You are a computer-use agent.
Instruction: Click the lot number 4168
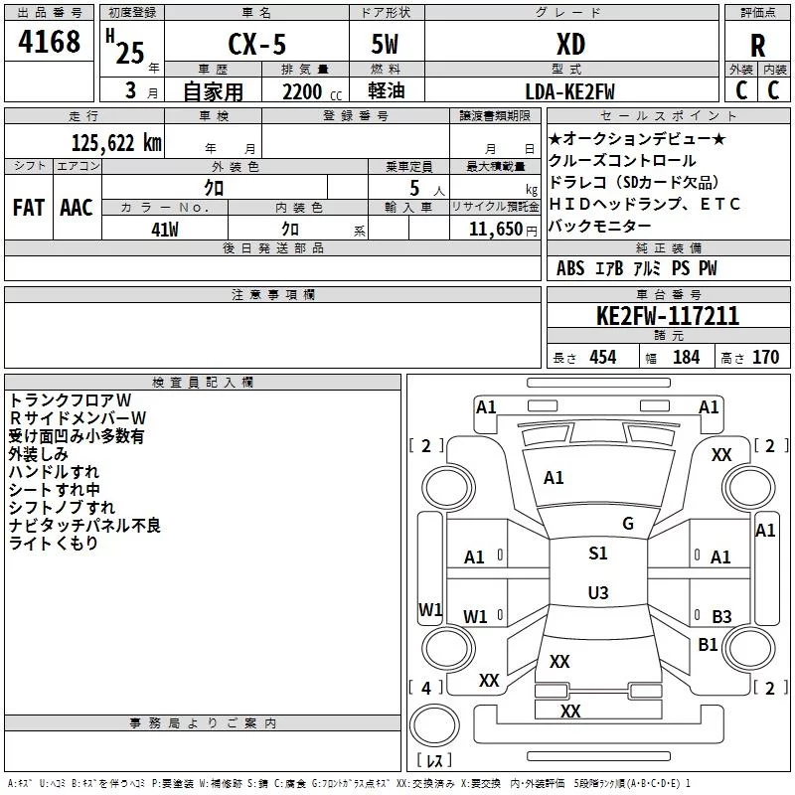point(49,42)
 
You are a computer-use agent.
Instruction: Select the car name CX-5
point(257,44)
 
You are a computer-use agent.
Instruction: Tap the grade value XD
point(570,44)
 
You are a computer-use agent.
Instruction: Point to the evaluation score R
point(757,46)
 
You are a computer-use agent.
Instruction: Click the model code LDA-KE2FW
point(569,91)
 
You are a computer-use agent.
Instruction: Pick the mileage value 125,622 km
point(116,142)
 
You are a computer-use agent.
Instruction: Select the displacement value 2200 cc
point(311,91)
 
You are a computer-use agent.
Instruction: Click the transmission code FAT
point(29,208)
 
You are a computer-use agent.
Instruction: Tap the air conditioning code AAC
point(77,208)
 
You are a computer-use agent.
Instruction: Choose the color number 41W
point(165,230)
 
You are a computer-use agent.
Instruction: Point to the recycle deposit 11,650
point(495,229)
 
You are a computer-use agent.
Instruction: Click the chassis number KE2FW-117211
point(668,316)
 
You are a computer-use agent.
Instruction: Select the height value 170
point(765,357)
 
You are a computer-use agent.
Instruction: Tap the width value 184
point(686,357)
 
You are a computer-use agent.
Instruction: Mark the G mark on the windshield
point(628,524)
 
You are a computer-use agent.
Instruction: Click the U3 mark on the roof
point(598,592)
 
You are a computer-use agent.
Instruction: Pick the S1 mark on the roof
point(598,553)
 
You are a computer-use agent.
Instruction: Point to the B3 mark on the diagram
point(721,616)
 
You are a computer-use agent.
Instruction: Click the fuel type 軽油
point(387,90)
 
